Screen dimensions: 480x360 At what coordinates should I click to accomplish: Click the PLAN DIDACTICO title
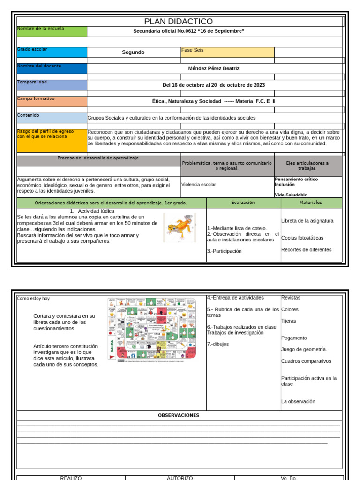[178, 22]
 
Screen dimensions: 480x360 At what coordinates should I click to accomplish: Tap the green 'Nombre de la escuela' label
[52, 31]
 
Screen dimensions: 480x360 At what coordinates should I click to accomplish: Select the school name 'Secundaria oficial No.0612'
[188, 31]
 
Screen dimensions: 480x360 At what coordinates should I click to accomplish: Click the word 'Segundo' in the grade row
[133, 52]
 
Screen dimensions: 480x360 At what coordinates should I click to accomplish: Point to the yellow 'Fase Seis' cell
[227, 52]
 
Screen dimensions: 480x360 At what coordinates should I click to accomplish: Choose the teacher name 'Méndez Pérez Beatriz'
[213, 68]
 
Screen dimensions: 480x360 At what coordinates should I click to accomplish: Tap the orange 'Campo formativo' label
[52, 101]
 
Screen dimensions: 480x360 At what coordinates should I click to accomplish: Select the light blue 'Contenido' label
[52, 118]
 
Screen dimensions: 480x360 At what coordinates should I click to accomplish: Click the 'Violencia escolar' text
[199, 185]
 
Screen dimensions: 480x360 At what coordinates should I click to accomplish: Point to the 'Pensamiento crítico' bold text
[296, 179]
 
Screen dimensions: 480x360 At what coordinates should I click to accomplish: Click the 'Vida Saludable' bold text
[291, 195]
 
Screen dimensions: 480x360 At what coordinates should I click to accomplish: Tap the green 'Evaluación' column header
[243, 202]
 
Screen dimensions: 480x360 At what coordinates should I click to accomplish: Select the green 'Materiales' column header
[311, 202]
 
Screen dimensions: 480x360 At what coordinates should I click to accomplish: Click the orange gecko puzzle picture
[180, 227]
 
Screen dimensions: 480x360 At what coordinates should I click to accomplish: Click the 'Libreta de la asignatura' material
[307, 221]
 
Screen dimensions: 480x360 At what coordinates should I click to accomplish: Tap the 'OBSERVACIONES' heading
[179, 415]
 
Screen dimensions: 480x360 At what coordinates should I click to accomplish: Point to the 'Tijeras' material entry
[289, 321]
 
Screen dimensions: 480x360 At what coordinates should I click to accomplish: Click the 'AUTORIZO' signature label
[180, 478]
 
